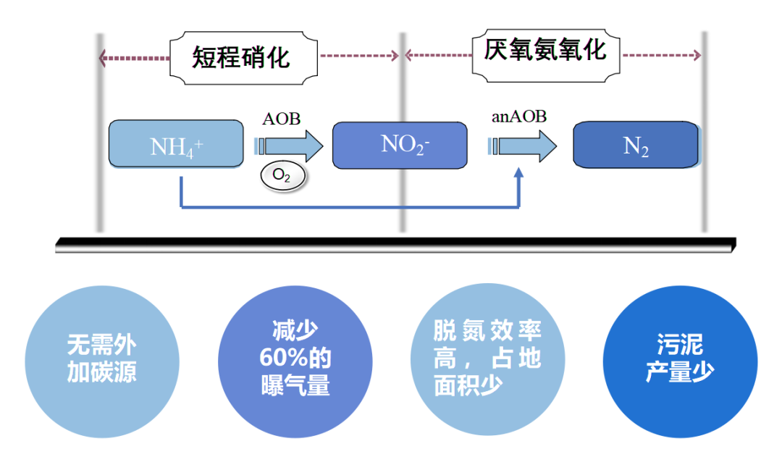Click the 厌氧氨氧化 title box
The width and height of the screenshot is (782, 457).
[x=545, y=52]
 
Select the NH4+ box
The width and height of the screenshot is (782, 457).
[x=175, y=144]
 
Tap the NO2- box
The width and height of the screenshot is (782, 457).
[x=399, y=145]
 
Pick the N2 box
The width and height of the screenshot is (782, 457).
[x=636, y=146]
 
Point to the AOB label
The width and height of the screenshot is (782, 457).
[x=281, y=119]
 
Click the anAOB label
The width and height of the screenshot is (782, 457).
[x=519, y=116]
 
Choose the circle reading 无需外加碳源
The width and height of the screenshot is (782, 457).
[x=101, y=360]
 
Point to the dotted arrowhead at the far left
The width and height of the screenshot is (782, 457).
[x=104, y=57]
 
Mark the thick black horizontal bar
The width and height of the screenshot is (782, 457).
[x=395, y=245]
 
